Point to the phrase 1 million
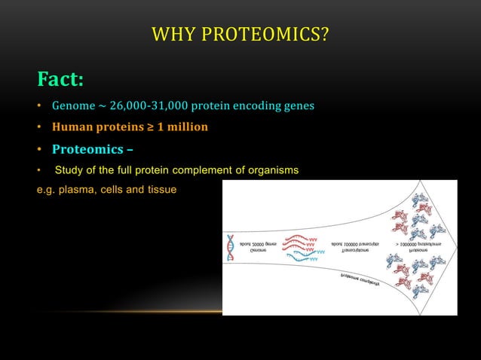pyautogui.click(x=178, y=126)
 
